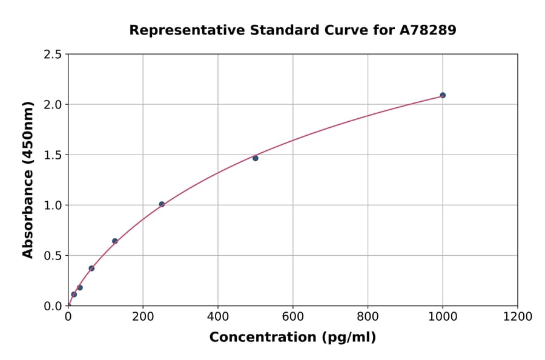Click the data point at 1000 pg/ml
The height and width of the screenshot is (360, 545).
click(x=443, y=95)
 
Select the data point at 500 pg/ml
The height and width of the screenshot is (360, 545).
click(x=256, y=158)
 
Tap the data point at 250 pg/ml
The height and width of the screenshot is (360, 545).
click(x=162, y=204)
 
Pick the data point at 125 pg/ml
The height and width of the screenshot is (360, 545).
click(x=115, y=241)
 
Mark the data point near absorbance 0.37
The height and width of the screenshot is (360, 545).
click(x=91, y=268)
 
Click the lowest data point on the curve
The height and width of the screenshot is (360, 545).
click(x=74, y=295)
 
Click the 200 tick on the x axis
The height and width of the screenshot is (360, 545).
click(x=143, y=316)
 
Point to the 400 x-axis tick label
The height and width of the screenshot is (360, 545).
click(x=218, y=316)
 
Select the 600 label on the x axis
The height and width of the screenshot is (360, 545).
click(x=292, y=316)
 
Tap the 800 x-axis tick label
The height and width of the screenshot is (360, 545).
click(x=368, y=316)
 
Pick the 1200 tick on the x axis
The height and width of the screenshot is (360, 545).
click(x=517, y=316)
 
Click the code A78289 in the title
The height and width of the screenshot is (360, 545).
click(x=428, y=30)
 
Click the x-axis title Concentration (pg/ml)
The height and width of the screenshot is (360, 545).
click(x=292, y=338)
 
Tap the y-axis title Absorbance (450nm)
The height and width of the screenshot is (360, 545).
click(x=28, y=179)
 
